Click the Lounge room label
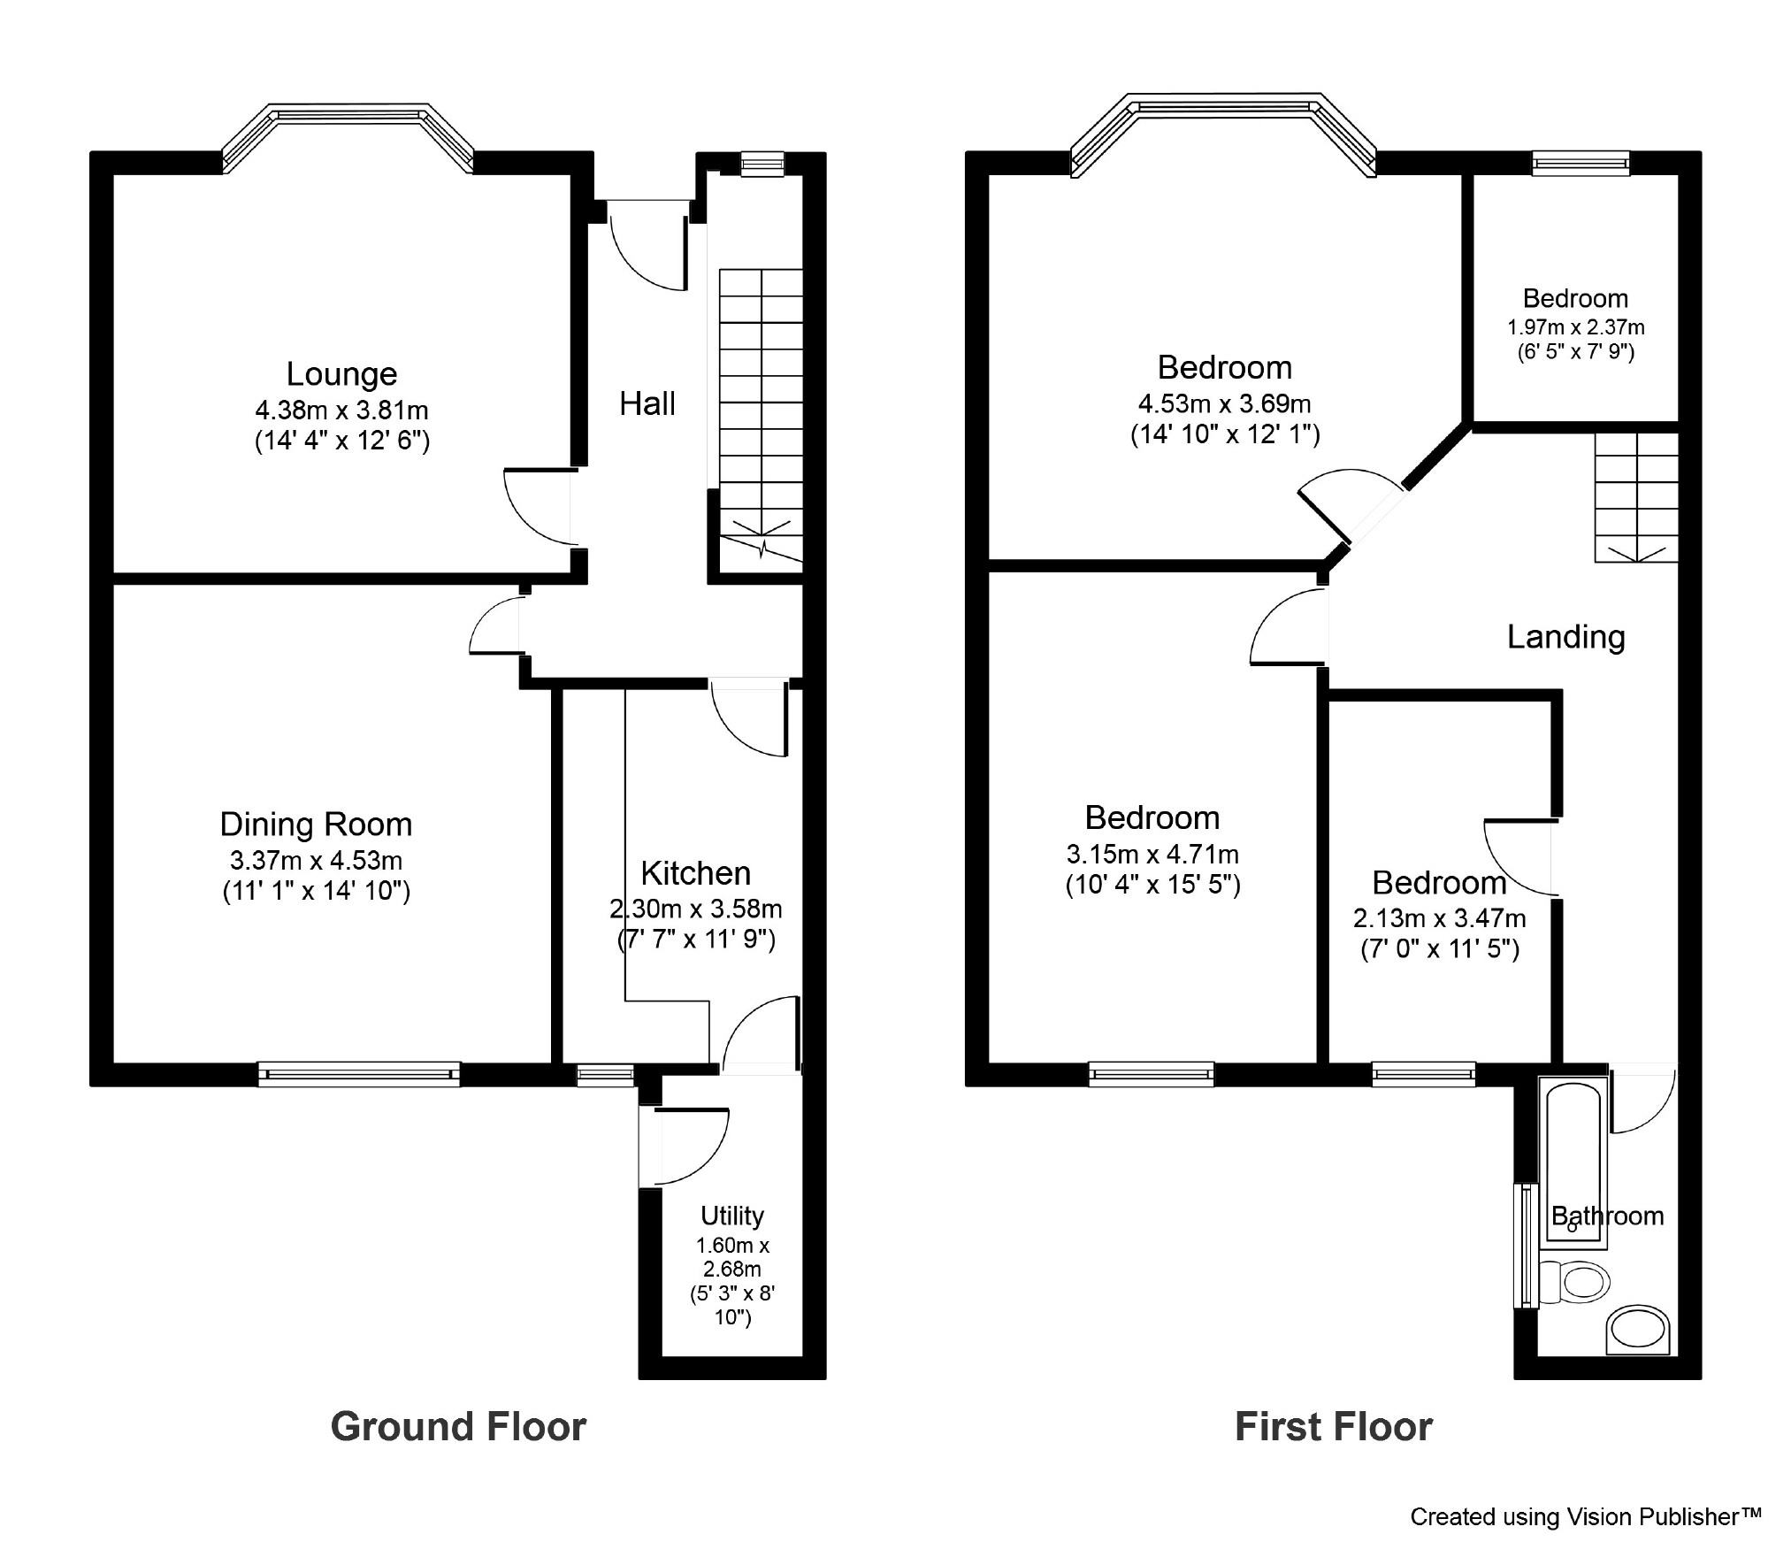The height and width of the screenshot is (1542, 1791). click(x=341, y=374)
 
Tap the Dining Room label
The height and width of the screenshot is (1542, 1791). click(x=316, y=825)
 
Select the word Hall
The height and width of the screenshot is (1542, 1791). click(x=647, y=403)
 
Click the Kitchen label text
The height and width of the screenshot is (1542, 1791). click(x=696, y=873)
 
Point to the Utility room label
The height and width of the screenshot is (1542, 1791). click(x=732, y=1216)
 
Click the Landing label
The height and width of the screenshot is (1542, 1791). click(x=1566, y=637)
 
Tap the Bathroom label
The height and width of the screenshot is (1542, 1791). click(x=1608, y=1216)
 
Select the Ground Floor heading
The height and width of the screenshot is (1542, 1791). click(x=458, y=1427)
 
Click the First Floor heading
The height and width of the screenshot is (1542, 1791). click(x=1334, y=1427)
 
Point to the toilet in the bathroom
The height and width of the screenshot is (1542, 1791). click(x=1574, y=1282)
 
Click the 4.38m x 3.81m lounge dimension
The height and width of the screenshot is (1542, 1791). click(x=341, y=410)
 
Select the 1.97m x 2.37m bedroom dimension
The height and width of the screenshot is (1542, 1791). click(x=1576, y=327)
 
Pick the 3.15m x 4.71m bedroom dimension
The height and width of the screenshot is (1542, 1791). click(x=1152, y=855)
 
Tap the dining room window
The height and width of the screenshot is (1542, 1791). click(x=359, y=1074)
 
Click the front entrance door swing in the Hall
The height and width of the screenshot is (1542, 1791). click(x=648, y=245)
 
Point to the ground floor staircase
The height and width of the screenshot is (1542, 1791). click(x=761, y=416)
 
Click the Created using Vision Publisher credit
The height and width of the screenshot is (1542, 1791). click(x=1586, y=1516)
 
